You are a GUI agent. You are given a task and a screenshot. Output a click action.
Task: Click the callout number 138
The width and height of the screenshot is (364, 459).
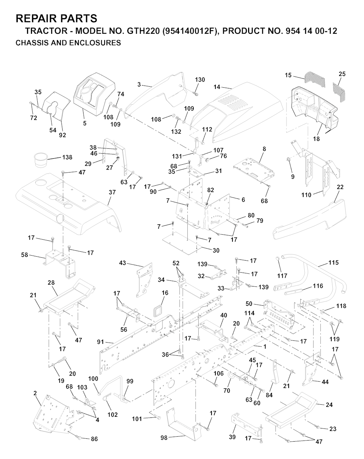67,157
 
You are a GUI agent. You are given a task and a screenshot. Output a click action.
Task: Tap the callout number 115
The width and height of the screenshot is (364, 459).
333,263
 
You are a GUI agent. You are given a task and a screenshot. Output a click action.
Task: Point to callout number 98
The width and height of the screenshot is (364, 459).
164,438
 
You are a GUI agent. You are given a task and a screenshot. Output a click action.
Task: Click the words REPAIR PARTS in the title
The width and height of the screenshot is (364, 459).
57,18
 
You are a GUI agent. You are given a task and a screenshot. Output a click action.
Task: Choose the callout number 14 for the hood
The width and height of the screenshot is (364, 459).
217,87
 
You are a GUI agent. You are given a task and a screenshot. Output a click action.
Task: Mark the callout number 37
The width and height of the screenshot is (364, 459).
112,192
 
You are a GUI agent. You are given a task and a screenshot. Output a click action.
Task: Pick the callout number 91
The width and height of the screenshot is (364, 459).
101,342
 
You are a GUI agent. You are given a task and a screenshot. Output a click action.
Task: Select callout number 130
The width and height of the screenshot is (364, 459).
200,80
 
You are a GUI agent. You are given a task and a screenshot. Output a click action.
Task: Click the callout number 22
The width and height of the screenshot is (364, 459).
340,187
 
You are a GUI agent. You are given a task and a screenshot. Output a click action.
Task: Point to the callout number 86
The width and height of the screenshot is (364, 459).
94,439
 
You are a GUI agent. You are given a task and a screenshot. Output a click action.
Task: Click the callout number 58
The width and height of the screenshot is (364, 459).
25,255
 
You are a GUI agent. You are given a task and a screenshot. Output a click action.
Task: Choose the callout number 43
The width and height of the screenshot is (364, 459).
122,263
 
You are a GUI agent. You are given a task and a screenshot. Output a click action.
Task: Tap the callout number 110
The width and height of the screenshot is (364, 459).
306,195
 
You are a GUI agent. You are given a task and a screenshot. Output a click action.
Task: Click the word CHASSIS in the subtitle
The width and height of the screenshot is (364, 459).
30,43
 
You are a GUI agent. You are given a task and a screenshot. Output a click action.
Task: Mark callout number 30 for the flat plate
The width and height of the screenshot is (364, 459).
216,250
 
